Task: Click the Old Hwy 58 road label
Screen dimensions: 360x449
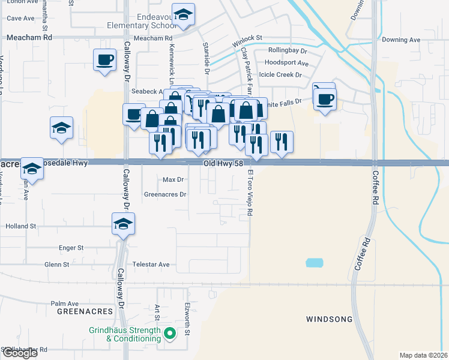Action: point(218,163)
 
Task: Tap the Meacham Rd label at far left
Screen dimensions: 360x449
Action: point(29,37)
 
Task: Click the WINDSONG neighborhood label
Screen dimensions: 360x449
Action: point(329,319)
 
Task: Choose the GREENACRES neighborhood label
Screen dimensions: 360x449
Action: point(85,312)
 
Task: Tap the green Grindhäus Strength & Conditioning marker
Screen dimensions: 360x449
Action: point(170,334)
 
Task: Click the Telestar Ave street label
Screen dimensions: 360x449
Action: point(151,264)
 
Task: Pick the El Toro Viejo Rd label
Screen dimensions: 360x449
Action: point(250,193)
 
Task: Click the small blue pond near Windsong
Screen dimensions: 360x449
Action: point(314,263)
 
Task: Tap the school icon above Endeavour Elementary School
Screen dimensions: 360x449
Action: point(183,14)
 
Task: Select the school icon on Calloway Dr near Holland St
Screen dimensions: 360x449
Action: point(123,224)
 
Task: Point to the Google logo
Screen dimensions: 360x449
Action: point(19,353)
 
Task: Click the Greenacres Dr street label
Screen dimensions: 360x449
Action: point(165,194)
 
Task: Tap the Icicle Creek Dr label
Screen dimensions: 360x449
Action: point(280,75)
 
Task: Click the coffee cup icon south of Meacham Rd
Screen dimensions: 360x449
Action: point(105,59)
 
